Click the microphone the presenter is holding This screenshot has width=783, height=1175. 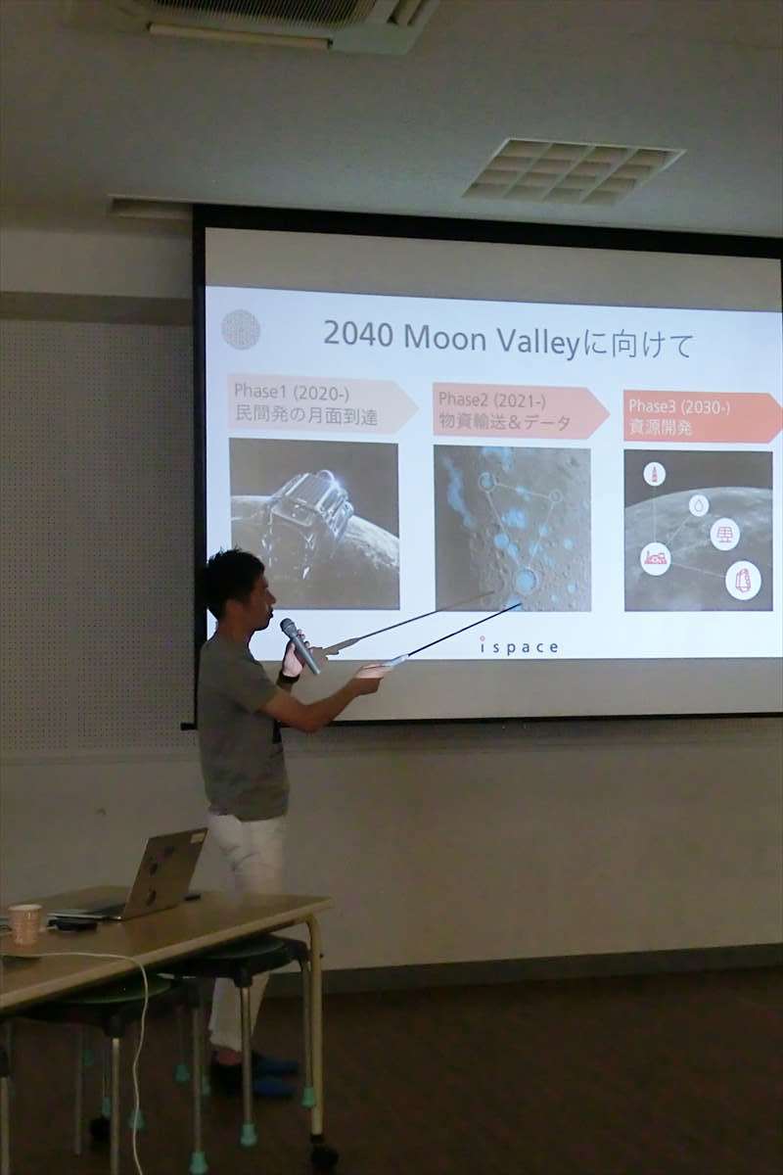(299, 645)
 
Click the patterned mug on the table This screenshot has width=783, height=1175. (24, 923)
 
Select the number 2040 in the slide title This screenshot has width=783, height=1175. (357, 334)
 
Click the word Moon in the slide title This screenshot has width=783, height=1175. (445, 338)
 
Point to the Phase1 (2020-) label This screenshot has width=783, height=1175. (292, 393)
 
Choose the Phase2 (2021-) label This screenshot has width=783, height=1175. (492, 400)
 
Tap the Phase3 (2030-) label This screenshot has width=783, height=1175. (679, 406)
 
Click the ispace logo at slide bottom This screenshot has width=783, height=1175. (519, 646)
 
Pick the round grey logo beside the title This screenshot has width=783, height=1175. (241, 329)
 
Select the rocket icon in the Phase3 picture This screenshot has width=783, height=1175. (655, 475)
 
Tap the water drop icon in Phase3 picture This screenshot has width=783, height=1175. (699, 505)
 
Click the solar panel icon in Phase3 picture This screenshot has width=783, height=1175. (725, 535)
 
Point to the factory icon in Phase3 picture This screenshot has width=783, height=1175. (656, 558)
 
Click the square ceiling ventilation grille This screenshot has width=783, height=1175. (574, 171)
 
